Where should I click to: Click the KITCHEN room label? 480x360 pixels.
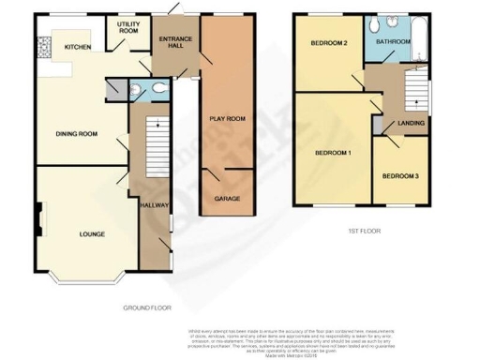point(76,47)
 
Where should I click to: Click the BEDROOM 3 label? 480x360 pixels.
point(400,175)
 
